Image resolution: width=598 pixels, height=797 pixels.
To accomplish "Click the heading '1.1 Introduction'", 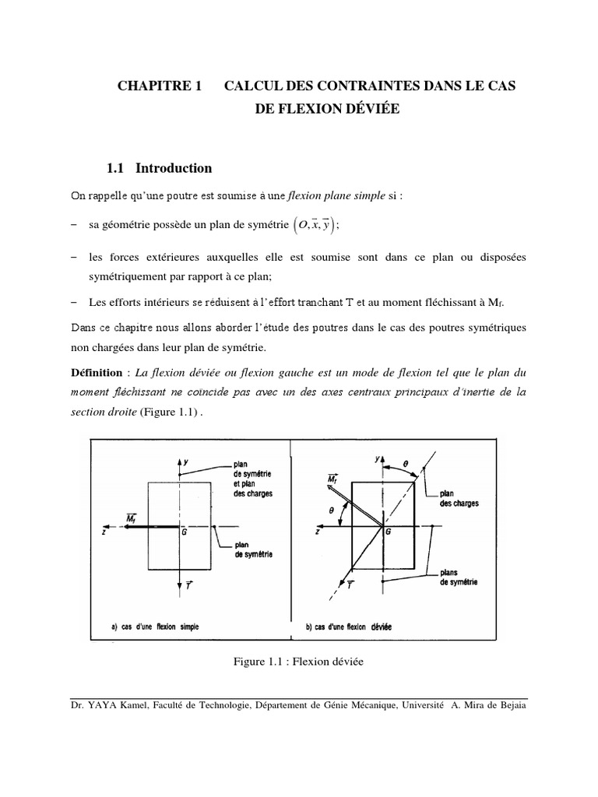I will click(x=160, y=167).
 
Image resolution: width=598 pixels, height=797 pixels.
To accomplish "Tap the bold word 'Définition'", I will click(x=97, y=373).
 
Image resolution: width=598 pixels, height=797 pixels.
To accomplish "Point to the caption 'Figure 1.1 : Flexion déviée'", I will click(x=298, y=662).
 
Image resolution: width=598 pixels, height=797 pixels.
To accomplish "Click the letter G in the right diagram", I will click(x=387, y=533).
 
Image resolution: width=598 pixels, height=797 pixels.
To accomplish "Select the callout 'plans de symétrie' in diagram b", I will click(x=459, y=578).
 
